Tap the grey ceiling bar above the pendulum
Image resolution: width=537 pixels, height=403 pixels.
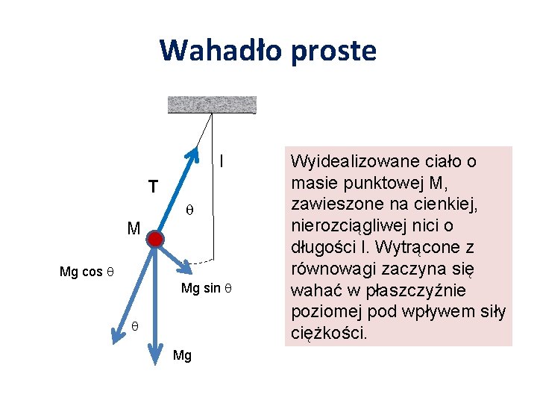coord(212,104)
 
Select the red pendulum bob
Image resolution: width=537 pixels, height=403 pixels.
coord(155,239)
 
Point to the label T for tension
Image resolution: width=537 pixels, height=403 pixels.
coord(152,187)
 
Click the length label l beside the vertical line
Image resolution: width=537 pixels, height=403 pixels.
coord(222,160)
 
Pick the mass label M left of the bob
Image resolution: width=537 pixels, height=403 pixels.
coord(133,228)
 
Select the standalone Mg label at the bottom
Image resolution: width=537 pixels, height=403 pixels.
coord(182,356)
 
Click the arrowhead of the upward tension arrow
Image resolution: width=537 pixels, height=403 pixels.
coord(195,154)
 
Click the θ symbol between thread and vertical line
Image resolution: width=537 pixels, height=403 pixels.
coord(189,209)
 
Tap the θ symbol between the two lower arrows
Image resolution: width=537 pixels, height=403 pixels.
coord(135,325)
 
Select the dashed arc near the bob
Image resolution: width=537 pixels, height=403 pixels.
coord(200,263)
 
